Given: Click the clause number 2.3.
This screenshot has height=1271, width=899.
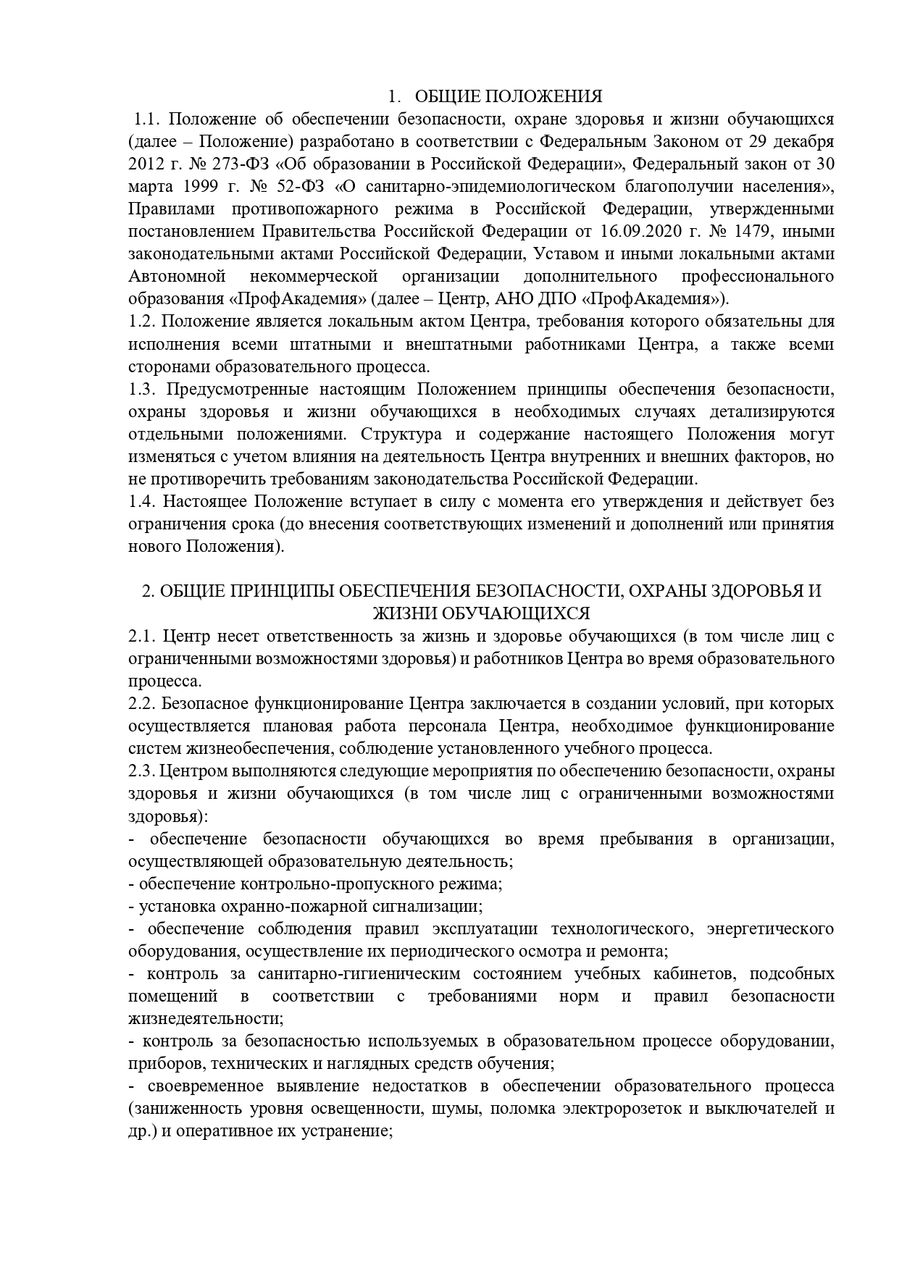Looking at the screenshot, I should click(x=138, y=771).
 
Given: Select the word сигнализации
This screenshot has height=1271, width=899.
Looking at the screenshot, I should click(x=432, y=906).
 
